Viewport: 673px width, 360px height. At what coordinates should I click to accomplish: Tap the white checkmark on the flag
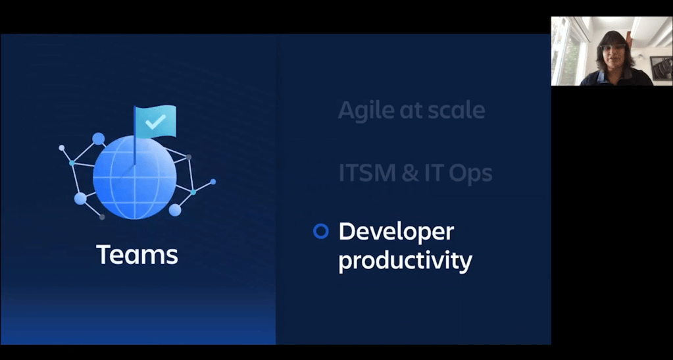tap(155, 122)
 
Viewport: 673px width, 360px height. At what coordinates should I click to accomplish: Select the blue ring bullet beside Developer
tap(320, 232)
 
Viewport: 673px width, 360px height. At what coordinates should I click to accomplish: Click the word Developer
tap(396, 232)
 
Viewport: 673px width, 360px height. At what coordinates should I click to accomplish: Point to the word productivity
tap(405, 261)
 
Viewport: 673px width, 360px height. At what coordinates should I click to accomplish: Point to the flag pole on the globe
tap(134, 136)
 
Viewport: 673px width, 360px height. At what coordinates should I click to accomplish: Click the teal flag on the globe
tap(155, 122)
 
